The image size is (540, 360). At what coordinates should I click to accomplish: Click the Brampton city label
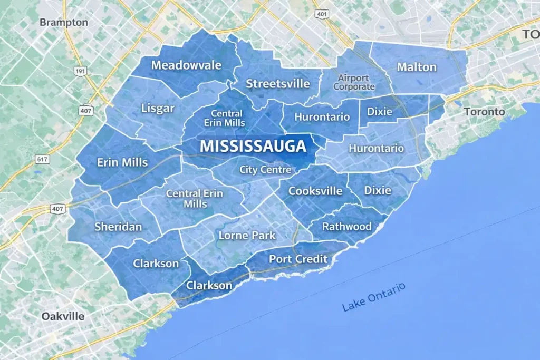tap(64, 23)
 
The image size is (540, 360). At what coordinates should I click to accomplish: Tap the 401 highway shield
tap(322, 14)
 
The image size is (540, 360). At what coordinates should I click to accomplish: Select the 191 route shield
tap(80, 71)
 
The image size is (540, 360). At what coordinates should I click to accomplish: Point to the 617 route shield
tap(42, 159)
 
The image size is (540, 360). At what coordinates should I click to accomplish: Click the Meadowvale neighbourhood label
tap(186, 65)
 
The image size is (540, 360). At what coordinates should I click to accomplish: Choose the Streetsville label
tap(278, 83)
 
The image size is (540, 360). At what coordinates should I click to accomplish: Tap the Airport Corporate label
tap(354, 82)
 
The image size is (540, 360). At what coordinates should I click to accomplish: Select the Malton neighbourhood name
tap(417, 67)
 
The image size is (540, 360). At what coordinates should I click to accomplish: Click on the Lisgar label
tap(158, 109)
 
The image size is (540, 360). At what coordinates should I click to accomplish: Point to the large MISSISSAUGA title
tap(253, 146)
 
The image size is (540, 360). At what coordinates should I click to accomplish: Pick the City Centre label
tap(265, 170)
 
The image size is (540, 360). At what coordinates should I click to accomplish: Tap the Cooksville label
tap(315, 191)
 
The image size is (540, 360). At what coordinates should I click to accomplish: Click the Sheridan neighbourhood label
tap(118, 227)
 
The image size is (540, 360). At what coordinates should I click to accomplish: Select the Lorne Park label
tap(247, 235)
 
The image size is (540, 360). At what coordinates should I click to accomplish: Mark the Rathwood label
tap(346, 227)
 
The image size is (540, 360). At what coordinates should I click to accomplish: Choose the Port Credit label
tap(298, 259)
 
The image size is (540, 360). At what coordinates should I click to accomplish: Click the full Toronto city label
tap(484, 112)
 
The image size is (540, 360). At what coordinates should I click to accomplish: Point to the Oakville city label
tap(63, 316)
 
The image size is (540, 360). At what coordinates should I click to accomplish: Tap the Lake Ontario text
tap(373, 297)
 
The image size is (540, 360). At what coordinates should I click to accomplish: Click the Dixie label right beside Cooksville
tap(378, 190)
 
